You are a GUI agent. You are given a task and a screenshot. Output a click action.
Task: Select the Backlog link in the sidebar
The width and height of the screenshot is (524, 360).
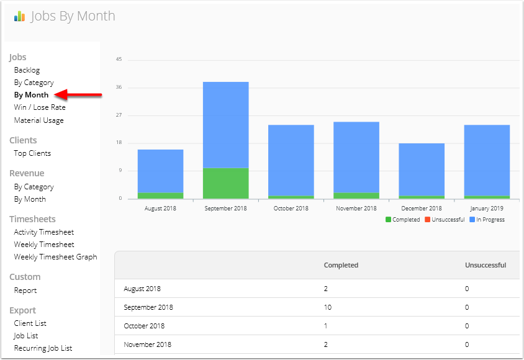pyautogui.click(x=27, y=70)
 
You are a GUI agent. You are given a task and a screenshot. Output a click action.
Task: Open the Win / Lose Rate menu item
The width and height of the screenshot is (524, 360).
pyautogui.click(x=40, y=107)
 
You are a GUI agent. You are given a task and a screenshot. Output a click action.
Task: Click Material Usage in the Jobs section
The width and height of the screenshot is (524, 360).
pyautogui.click(x=38, y=120)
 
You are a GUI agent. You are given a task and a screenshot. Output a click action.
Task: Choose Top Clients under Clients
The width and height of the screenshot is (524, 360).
pyautogui.click(x=32, y=153)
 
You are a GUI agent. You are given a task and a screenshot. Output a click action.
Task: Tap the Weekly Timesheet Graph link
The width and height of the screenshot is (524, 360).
pyautogui.click(x=55, y=257)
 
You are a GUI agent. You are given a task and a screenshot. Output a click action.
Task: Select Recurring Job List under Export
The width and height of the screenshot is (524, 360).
pyautogui.click(x=43, y=348)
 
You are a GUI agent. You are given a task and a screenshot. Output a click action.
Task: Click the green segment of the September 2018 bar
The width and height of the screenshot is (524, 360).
pyautogui.click(x=225, y=183)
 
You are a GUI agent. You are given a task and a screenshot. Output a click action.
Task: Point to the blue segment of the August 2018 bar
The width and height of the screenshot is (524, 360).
pyautogui.click(x=160, y=171)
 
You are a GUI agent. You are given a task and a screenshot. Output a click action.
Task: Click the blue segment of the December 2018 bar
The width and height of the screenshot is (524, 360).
pyautogui.click(x=421, y=169)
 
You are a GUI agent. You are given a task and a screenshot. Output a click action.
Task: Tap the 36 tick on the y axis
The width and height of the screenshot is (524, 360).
pyautogui.click(x=119, y=88)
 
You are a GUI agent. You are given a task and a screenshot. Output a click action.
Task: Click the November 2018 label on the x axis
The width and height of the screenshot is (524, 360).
pyautogui.click(x=356, y=209)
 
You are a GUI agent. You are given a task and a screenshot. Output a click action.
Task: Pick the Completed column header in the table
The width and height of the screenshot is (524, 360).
pyautogui.click(x=341, y=265)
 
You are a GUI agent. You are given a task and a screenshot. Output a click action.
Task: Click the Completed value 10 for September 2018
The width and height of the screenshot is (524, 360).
pyautogui.click(x=328, y=307)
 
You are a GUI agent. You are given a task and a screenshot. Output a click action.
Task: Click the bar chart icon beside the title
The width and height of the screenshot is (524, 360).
pyautogui.click(x=20, y=17)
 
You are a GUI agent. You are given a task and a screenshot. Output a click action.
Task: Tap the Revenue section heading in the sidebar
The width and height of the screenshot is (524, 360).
pyautogui.click(x=27, y=173)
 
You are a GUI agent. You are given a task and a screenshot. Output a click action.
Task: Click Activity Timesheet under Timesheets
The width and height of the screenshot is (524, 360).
pyautogui.click(x=44, y=232)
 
